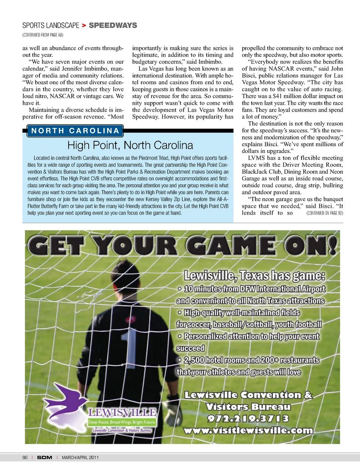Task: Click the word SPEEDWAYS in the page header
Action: click(113, 25)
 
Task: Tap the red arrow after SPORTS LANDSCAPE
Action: click(84, 25)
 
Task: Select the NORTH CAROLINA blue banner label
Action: click(75, 131)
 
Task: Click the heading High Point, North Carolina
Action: click(130, 145)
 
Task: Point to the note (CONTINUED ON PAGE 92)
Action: click(324, 213)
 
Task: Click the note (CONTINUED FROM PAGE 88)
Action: click(43, 35)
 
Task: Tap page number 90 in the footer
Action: click(25, 457)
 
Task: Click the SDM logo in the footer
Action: click(45, 457)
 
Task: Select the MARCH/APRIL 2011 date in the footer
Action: click(80, 457)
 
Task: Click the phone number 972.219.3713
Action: click(248, 418)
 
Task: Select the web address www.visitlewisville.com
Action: click(248, 430)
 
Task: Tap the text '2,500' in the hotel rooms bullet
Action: click(194, 360)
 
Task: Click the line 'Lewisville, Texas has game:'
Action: click(254, 276)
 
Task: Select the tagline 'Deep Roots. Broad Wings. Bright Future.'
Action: click(122, 422)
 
